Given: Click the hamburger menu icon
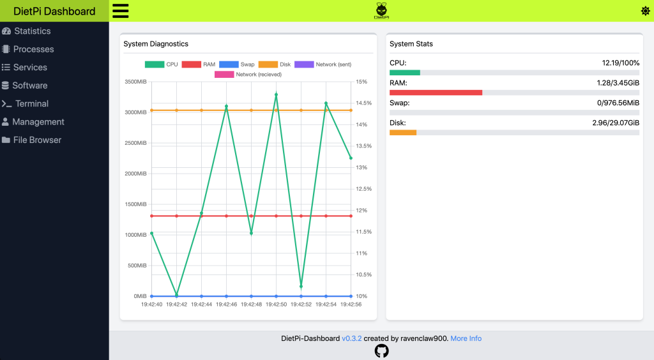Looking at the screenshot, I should click(x=120, y=11).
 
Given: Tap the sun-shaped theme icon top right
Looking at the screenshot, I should click(x=645, y=11).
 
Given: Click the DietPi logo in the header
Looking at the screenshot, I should click(x=381, y=11).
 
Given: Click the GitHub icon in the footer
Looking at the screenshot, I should click(x=381, y=350).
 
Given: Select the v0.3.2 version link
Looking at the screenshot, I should click(x=351, y=338).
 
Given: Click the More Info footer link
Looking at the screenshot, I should click(x=466, y=338).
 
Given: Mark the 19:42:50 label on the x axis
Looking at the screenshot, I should click(x=276, y=304).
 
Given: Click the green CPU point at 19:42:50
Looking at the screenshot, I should click(x=276, y=94).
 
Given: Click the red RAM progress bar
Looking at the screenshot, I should click(x=436, y=93).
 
